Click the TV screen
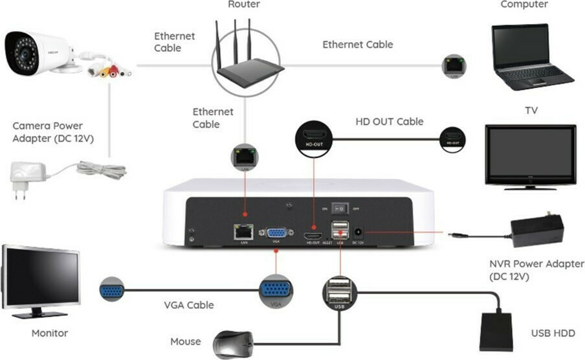click(530, 153)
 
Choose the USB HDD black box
click(496, 331)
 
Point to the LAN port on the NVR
click(244, 232)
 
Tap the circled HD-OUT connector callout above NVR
click(314, 137)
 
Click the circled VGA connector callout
click(276, 293)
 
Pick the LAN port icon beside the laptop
click(452, 65)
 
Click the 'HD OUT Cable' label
click(390, 122)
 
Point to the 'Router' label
click(244, 5)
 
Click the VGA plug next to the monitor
click(111, 291)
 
